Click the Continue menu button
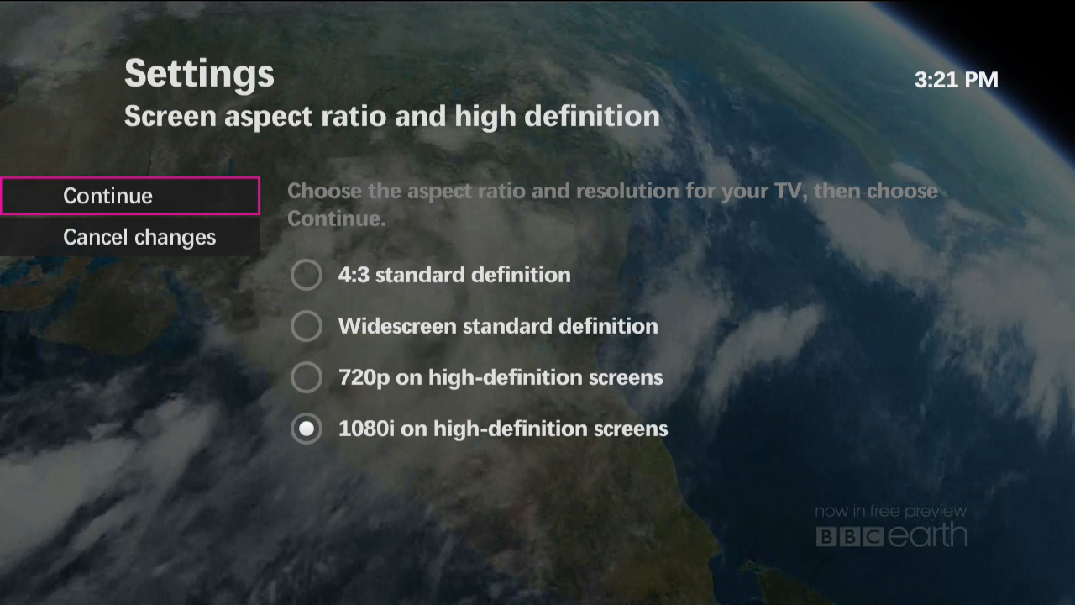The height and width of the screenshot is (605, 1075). pos(130,196)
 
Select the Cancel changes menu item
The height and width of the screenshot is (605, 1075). pos(130,237)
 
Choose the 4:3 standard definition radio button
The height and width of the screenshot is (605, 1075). pos(307,275)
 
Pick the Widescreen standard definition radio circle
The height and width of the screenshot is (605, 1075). pos(307,326)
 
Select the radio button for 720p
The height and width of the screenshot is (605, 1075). pos(307,377)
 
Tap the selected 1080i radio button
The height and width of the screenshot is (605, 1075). pos(307,429)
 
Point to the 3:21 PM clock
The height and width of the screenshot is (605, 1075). pos(956,80)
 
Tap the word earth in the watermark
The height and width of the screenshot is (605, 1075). pos(927,535)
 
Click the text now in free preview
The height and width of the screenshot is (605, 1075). pos(891,512)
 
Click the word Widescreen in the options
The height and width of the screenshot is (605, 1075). pos(397,326)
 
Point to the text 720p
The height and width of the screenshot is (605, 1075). pos(364,378)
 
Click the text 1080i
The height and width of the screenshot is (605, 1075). pos(366,429)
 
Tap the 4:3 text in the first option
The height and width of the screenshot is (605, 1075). pos(354,275)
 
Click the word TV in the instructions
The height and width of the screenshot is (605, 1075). pos(791,192)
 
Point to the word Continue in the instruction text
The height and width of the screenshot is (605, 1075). pos(337,219)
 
